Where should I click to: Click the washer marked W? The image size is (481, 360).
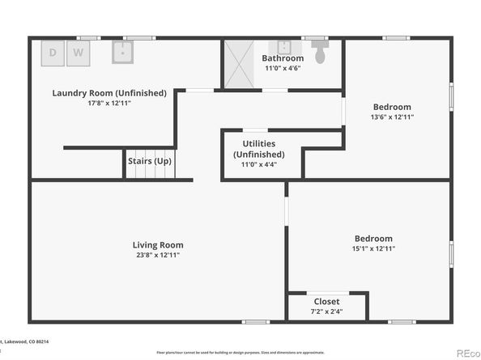tap(79, 53)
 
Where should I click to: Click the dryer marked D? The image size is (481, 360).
tap(53, 53)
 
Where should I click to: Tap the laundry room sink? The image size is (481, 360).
tap(122, 53)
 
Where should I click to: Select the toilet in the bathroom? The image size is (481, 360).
tap(321, 54)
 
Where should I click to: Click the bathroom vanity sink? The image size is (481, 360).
tap(285, 46)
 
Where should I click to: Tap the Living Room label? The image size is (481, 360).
tap(158, 245)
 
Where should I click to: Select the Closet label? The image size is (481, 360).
tap(326, 302)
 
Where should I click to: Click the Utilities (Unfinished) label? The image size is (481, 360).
tap(259, 149)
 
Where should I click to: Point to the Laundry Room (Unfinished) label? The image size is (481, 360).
tap(109, 93)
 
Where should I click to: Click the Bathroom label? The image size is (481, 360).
tap(283, 58)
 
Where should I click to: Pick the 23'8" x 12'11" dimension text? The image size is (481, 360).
tap(158, 256)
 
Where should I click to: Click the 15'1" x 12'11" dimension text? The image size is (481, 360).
tap(373, 249)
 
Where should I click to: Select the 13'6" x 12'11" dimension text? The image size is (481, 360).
tap(392, 117)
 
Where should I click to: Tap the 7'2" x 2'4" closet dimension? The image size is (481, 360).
tap(326, 311)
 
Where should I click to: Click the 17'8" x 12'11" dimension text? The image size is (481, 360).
tap(109, 104)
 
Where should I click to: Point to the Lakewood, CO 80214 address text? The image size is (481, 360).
tap(24, 342)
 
